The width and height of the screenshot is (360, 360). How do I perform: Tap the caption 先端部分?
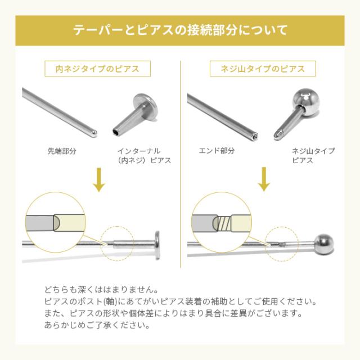62,151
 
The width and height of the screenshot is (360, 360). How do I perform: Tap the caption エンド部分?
217,151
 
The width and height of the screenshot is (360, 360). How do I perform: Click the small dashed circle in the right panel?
282,244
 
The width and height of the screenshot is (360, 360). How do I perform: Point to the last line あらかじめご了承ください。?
100,326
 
